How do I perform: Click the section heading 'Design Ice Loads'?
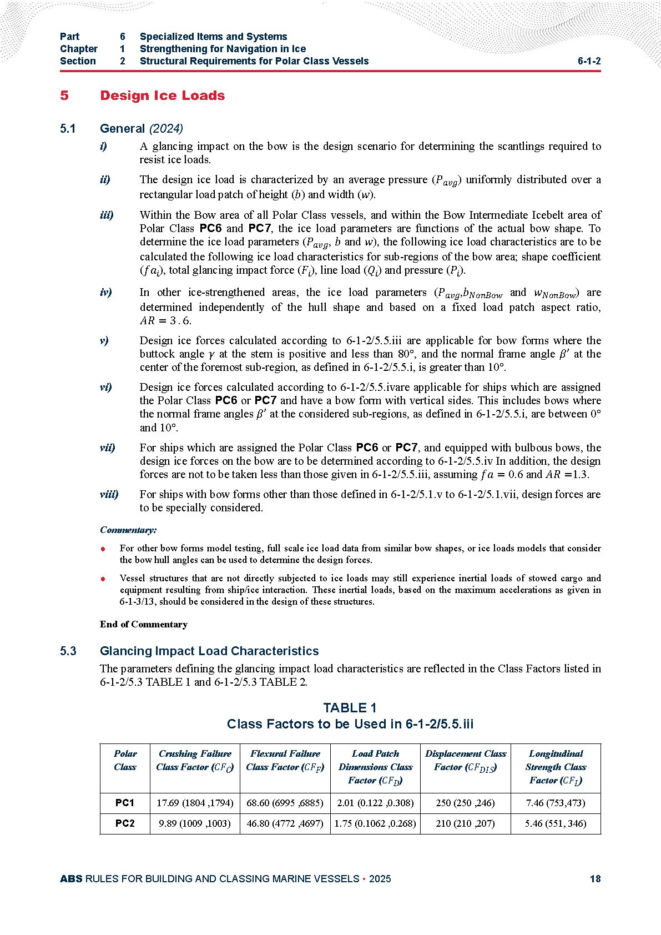click(162, 95)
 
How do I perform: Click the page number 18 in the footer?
click(595, 878)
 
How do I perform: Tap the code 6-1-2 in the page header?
click(589, 61)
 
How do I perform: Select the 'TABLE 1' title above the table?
click(350, 708)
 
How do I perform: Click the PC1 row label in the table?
click(125, 802)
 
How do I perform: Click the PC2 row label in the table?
click(125, 823)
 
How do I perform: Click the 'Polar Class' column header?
click(125, 760)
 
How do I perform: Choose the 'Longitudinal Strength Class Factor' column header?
click(556, 767)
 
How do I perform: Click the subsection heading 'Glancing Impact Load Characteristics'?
click(209, 651)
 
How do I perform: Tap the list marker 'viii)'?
click(109, 494)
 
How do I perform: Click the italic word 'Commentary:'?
click(128, 530)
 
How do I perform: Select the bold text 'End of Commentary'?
click(144, 624)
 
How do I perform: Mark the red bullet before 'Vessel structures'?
click(103, 579)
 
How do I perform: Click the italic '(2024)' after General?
click(166, 129)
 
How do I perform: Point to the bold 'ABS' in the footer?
click(71, 878)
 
